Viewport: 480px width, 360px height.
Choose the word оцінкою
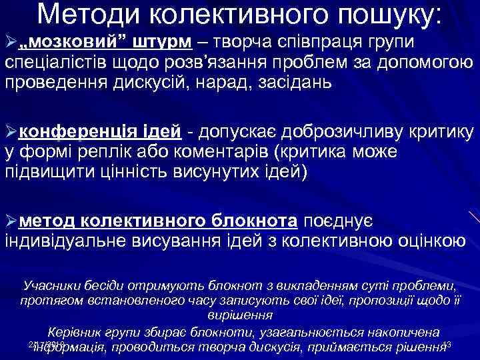(427, 240)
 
